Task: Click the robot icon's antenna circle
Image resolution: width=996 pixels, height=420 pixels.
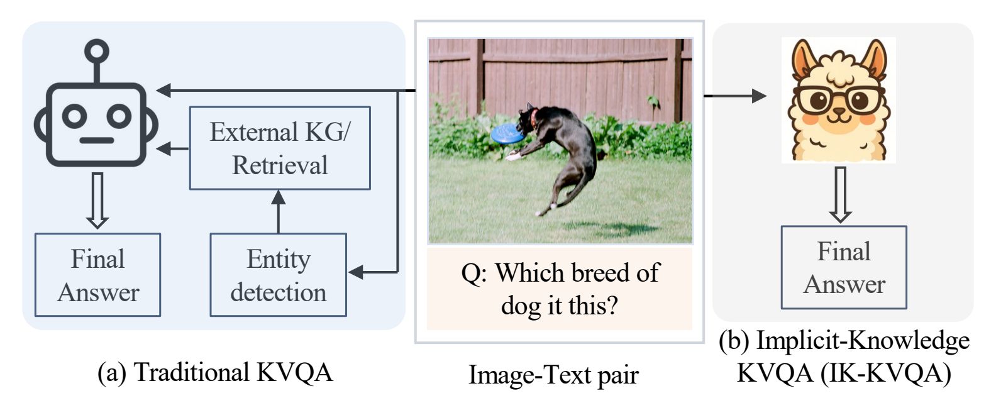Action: (x=96, y=50)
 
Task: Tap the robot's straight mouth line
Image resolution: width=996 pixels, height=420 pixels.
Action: (x=96, y=140)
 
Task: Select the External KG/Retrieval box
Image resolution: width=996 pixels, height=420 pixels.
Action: (x=280, y=148)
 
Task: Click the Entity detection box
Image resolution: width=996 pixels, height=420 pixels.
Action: (x=279, y=275)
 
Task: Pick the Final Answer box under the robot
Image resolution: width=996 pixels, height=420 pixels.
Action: (x=98, y=275)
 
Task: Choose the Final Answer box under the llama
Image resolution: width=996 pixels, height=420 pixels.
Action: (x=844, y=267)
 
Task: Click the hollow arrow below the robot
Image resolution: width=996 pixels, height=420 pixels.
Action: (x=97, y=200)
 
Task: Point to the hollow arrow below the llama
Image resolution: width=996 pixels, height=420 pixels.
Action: (x=840, y=195)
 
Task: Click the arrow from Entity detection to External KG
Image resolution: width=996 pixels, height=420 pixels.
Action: (x=279, y=211)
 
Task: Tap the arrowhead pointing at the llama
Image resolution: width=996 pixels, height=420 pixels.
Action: (x=758, y=96)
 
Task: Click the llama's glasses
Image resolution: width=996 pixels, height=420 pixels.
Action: (x=839, y=99)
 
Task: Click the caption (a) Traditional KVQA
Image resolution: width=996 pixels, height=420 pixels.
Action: (x=215, y=372)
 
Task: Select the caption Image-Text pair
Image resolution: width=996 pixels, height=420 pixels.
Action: (x=553, y=374)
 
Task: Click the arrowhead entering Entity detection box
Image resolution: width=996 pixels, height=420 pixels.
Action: (x=356, y=272)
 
